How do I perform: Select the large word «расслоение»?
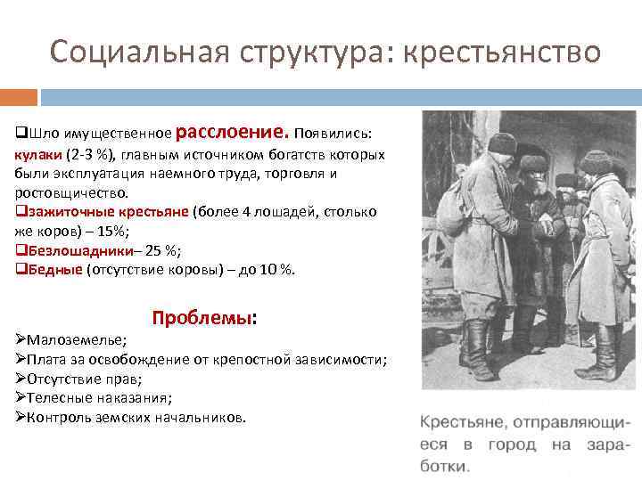coord(232,132)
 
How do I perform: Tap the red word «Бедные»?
coord(53,269)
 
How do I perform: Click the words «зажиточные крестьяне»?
coord(106,212)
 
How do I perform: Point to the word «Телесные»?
coord(62,398)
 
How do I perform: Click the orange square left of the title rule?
coord(19,96)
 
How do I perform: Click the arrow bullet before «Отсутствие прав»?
coord(21,379)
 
